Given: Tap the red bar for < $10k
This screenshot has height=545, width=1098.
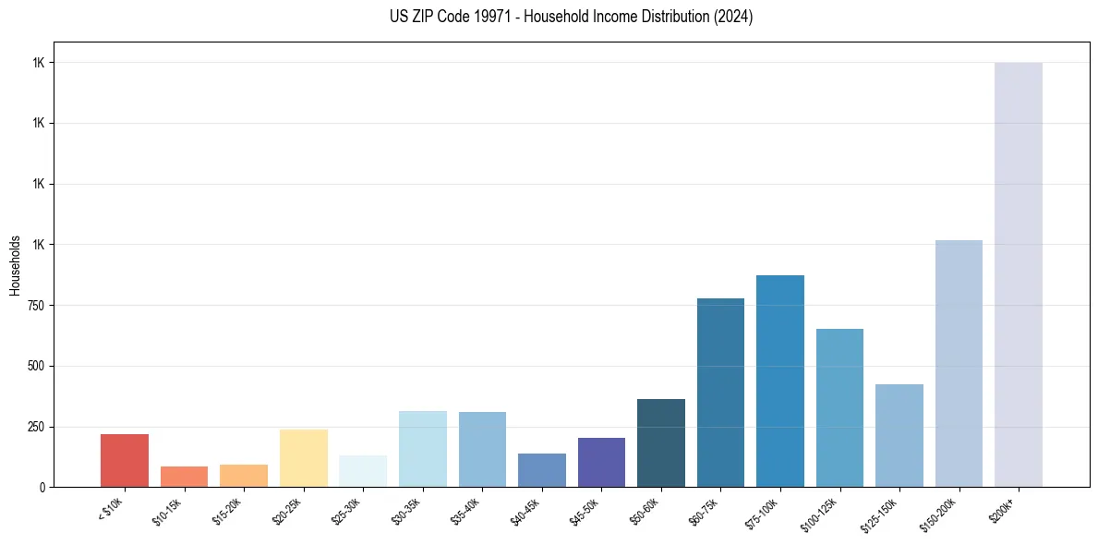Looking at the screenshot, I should pos(125,460).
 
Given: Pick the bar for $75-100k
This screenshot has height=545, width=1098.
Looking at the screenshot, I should pos(779,381).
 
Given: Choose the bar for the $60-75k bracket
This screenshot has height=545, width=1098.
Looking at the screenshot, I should pos(720,393).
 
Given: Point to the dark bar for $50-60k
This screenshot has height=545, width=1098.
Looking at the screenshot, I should pos(660,442).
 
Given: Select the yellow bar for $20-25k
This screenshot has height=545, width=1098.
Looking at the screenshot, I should pos(303,458).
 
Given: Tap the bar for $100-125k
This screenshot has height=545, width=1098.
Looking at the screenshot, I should pos(839,407).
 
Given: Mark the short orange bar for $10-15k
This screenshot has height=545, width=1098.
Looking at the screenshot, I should pos(184,477).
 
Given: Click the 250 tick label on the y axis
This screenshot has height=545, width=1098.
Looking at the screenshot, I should pos(38,427).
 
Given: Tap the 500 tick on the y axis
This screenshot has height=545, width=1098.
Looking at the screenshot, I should pos(38,366).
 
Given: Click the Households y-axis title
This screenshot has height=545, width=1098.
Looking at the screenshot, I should pos(15,265).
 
